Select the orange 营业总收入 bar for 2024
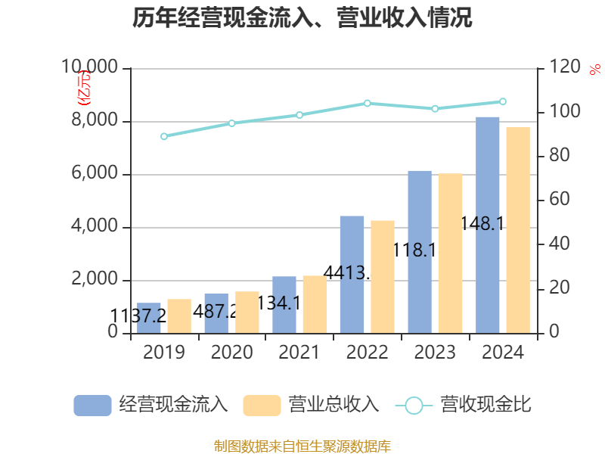pyautogui.click(x=518, y=230)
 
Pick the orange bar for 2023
pyautogui.click(x=451, y=253)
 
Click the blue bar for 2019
pyautogui.click(x=149, y=318)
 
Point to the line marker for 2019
pyautogui.click(x=164, y=136)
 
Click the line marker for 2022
pyautogui.click(x=368, y=103)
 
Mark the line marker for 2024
pyautogui.click(x=503, y=101)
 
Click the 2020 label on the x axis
pyautogui.click(x=232, y=352)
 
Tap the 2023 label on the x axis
pyautogui.click(x=435, y=352)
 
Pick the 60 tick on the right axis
pyautogui.click(x=557, y=200)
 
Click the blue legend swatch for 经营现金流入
pyautogui.click(x=92, y=405)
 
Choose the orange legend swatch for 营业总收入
pyautogui.click(x=262, y=405)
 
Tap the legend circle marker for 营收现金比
pyautogui.click(x=414, y=405)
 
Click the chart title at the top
pyautogui.click(x=302, y=18)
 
